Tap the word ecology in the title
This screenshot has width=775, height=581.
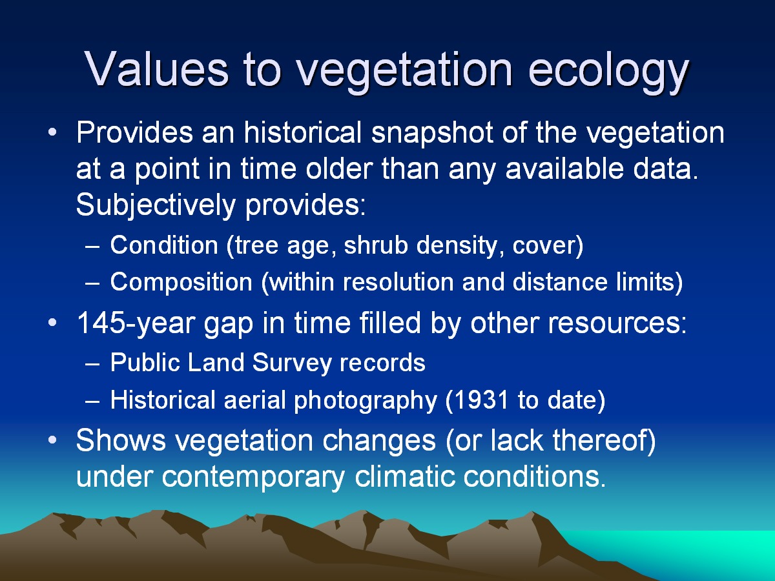click(x=608, y=72)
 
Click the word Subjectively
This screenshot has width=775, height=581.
click(x=156, y=205)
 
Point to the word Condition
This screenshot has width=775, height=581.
click(x=164, y=245)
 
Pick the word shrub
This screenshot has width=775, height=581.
click(x=376, y=245)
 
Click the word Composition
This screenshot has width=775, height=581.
click(x=181, y=283)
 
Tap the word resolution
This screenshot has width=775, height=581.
click(x=398, y=282)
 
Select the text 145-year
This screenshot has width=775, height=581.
click(x=135, y=323)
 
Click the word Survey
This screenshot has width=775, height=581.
click(x=292, y=363)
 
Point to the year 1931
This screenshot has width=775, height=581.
click(x=477, y=400)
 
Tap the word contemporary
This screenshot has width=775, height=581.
click(x=253, y=478)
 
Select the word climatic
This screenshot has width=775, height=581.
click(x=405, y=476)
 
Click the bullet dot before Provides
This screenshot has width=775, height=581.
click(x=52, y=132)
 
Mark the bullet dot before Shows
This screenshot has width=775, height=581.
click(x=52, y=440)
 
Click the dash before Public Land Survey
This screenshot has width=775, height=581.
click(x=92, y=363)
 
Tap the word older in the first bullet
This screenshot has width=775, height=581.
click(x=339, y=168)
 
